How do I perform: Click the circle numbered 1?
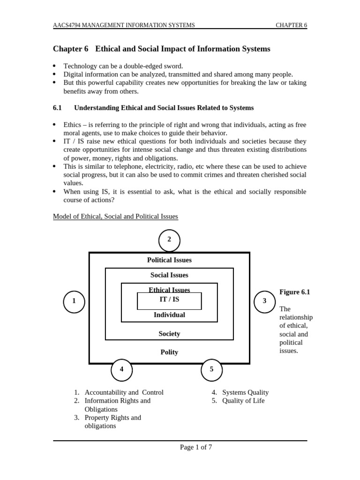click(x=74, y=301)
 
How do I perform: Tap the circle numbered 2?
click(x=169, y=240)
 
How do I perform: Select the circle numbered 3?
click(x=265, y=301)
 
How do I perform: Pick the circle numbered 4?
click(x=122, y=369)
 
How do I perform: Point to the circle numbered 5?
click(x=211, y=369)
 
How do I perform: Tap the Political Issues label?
click(x=169, y=260)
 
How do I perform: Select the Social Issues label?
click(x=169, y=275)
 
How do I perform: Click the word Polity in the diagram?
click(x=169, y=352)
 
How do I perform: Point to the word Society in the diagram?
click(x=169, y=334)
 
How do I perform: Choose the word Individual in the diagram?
click(x=169, y=315)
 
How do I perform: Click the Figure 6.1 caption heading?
click(x=295, y=292)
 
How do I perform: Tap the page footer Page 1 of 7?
click(x=196, y=447)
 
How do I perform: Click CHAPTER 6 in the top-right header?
click(x=291, y=25)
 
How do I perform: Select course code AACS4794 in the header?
click(x=68, y=25)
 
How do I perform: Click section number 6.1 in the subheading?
click(x=57, y=108)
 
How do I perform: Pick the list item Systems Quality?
click(x=245, y=392)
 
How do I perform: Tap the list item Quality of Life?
click(x=243, y=401)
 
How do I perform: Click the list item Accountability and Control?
click(x=124, y=392)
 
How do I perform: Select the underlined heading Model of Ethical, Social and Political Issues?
click(x=115, y=217)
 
